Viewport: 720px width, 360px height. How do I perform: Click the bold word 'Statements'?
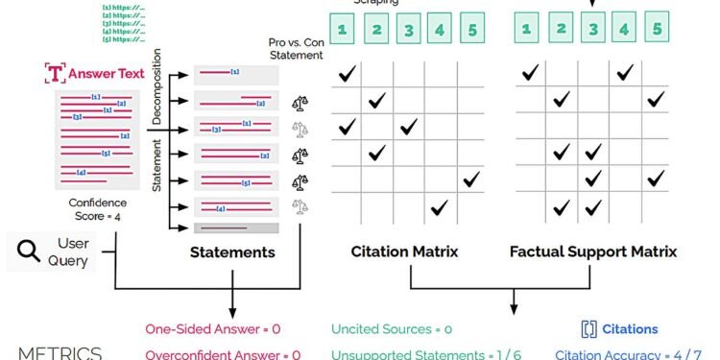pos(233,252)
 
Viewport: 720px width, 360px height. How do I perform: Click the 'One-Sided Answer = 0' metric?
pos(213,329)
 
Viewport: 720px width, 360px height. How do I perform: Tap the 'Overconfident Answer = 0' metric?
pos(223,353)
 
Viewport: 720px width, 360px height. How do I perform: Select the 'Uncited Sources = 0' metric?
pos(393,329)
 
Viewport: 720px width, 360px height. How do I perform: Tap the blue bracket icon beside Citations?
pos(589,329)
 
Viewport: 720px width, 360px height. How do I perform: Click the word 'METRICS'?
pos(60,353)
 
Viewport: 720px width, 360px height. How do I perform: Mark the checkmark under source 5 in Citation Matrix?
pos(471,180)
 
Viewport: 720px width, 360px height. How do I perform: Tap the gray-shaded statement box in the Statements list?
pos(236,228)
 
